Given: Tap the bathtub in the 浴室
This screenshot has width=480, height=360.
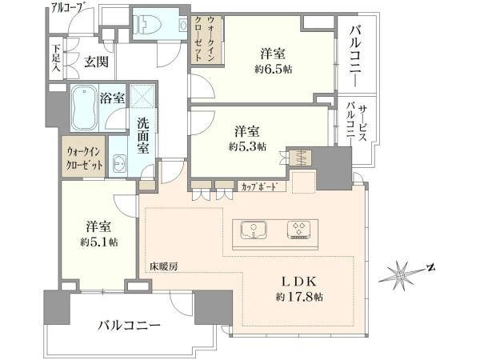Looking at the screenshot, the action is (84, 107).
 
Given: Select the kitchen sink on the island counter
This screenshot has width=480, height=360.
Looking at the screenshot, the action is (254, 230).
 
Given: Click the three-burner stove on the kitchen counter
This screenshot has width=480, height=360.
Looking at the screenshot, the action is (300, 230).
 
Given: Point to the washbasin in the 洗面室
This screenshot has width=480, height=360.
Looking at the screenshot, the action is (119, 163).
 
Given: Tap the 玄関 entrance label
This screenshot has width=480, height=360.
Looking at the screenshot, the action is (97, 62).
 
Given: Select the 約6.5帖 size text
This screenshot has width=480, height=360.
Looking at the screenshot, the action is (274, 70).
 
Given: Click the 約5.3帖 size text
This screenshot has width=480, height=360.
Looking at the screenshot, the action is (248, 147).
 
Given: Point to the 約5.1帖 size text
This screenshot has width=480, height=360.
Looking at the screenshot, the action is (99, 242).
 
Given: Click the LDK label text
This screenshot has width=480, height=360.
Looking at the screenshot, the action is (298, 281).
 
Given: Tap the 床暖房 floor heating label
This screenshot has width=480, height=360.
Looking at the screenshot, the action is (163, 266).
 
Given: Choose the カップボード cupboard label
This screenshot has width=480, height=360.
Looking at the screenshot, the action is (259, 186).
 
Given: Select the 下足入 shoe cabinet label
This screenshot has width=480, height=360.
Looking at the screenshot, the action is (56, 58).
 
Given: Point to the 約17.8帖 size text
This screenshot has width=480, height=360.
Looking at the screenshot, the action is (299, 297).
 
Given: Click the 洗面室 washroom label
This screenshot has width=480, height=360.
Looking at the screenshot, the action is (142, 136).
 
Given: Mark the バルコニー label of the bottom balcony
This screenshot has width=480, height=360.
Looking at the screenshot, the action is (129, 326).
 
